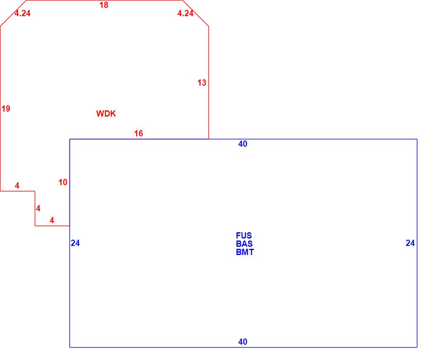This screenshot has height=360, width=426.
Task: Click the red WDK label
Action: (106, 114)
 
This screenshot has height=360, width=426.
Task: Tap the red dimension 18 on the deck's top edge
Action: (104, 5)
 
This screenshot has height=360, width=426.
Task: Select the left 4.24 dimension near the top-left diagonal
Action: (23, 13)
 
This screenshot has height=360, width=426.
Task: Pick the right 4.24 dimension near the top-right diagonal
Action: (185, 13)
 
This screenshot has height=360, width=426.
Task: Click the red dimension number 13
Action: (202, 83)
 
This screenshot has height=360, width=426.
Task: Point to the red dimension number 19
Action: (6, 109)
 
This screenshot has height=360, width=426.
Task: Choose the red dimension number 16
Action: (138, 134)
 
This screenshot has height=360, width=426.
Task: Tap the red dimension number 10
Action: (63, 182)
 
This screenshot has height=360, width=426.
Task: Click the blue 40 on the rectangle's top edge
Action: (243, 143)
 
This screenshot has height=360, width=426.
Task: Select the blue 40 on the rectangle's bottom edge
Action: (243, 341)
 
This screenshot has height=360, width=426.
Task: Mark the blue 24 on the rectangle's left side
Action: (75, 243)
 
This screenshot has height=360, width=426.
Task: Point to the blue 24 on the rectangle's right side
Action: (410, 243)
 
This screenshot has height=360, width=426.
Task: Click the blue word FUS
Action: (244, 236)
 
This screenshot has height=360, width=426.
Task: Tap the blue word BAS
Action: (244, 244)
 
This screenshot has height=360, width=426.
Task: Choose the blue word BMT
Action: (245, 252)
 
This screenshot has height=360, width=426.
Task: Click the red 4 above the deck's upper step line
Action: (17, 186)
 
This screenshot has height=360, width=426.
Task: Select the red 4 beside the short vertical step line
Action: (38, 208)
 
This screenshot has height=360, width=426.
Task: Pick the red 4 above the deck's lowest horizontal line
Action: (52, 220)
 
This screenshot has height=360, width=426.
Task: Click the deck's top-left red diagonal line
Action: (13, 13)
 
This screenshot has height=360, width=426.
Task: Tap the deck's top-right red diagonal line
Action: (196, 13)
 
